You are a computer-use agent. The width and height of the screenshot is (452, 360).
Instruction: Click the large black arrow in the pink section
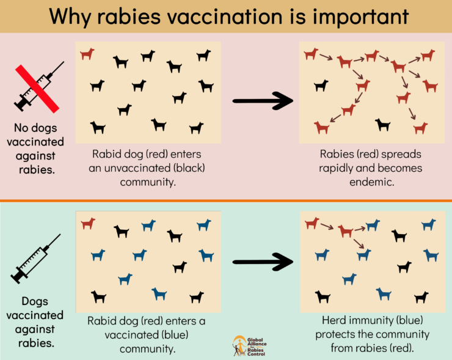[x=263, y=101]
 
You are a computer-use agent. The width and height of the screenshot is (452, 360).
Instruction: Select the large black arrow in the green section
[x=263, y=262]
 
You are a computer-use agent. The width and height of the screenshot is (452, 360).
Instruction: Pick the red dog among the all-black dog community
[x=87, y=54]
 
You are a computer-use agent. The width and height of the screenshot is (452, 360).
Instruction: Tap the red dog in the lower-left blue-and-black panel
[x=88, y=224]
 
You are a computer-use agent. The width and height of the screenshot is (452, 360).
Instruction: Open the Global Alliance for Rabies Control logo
[x=247, y=346]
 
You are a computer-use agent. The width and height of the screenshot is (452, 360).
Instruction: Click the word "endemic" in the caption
[x=371, y=182]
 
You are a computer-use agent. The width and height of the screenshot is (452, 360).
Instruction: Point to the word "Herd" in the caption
[x=335, y=320]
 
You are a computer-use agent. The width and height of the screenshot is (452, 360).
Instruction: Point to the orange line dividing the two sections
[x=226, y=200]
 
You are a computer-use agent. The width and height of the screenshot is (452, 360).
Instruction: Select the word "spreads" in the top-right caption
[x=401, y=154]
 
